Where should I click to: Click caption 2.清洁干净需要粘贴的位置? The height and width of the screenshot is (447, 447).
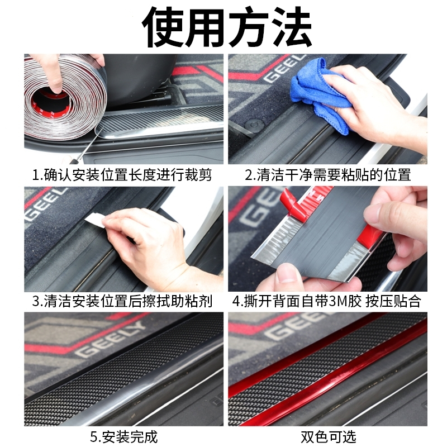[x=328, y=175]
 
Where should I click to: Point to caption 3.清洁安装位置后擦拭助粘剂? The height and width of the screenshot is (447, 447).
[x=122, y=302]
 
